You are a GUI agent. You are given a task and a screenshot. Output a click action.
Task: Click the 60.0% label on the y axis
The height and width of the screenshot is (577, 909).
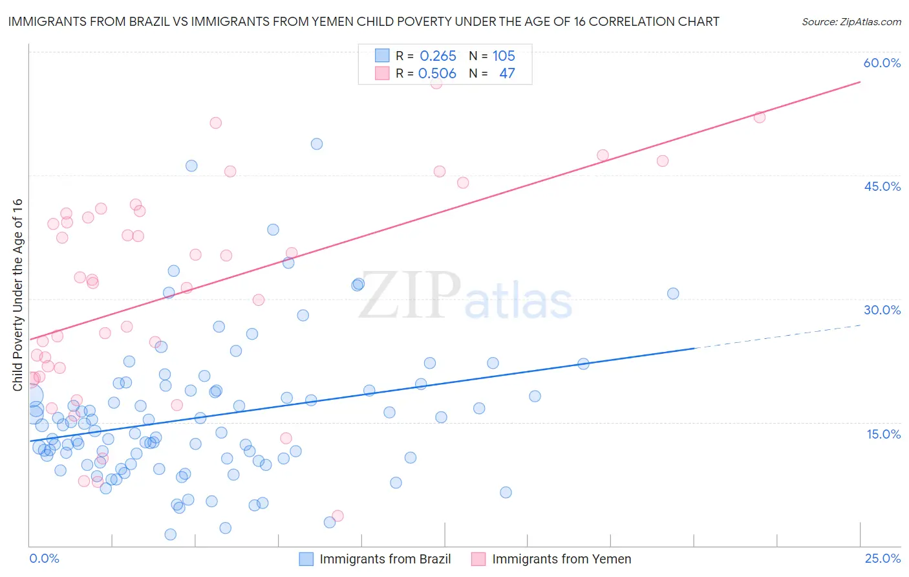click(882, 63)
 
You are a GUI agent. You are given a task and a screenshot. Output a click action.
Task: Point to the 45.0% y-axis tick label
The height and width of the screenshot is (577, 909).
click(882, 186)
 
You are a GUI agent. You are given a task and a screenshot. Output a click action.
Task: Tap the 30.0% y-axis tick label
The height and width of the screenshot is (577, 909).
click(882, 310)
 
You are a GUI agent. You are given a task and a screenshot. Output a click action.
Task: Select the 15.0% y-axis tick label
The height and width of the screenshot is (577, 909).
click(883, 433)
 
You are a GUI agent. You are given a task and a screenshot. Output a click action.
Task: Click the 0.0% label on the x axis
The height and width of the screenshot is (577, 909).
click(44, 558)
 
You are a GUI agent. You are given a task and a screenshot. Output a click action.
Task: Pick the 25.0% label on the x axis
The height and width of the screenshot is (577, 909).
click(882, 558)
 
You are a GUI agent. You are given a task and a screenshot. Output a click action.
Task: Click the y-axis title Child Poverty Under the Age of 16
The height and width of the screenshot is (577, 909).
click(17, 294)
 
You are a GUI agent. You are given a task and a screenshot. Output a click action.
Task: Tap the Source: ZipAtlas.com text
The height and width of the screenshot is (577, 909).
click(851, 22)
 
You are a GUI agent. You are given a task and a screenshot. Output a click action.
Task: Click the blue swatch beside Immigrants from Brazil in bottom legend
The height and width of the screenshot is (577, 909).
click(306, 559)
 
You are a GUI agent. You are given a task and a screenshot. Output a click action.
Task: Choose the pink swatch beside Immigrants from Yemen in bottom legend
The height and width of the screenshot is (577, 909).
click(478, 559)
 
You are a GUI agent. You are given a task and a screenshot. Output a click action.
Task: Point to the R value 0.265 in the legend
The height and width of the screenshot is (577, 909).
click(438, 56)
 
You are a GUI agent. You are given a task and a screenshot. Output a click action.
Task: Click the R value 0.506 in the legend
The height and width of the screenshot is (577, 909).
click(437, 74)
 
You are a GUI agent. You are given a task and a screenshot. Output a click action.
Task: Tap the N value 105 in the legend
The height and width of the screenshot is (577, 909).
click(504, 56)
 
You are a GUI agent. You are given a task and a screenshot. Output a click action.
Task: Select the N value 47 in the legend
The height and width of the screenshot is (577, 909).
click(507, 74)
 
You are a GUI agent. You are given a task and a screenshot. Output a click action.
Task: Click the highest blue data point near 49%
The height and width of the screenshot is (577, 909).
click(317, 144)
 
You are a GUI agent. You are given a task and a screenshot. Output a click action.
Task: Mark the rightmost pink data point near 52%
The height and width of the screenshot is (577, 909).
click(760, 117)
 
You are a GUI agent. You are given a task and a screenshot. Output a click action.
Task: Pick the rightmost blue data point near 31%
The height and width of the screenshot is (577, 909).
click(673, 293)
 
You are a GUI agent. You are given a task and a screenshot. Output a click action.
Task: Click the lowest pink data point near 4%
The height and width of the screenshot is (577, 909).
click(337, 516)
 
